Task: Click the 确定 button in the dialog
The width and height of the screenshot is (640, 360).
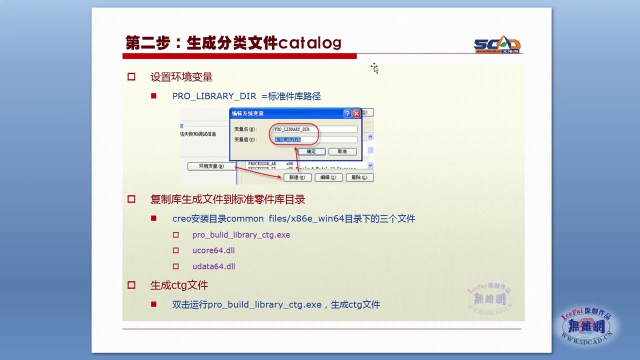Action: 311,151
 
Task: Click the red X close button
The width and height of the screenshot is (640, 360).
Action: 356,113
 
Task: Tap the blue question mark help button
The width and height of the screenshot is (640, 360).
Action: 347,113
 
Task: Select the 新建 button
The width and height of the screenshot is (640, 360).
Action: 297,177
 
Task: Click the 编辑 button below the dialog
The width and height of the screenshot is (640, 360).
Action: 328,177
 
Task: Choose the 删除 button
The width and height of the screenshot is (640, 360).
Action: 359,177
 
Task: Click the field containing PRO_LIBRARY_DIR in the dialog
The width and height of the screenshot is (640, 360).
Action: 315,129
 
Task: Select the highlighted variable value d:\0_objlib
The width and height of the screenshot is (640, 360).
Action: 287,140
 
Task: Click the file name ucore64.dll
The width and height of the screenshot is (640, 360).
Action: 213,250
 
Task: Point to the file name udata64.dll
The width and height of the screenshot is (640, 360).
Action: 213,266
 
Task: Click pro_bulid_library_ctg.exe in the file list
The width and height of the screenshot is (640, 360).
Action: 241,234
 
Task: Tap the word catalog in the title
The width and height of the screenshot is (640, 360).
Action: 309,43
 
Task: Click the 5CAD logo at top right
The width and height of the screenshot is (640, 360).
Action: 497,44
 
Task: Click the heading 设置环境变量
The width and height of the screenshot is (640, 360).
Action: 181,77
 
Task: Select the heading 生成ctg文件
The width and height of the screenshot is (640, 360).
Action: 179,285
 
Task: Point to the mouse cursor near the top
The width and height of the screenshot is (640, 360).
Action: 374,68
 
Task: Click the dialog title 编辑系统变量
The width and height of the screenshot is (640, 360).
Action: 247,113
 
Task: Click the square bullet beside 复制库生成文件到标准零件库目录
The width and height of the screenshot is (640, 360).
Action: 131,199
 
